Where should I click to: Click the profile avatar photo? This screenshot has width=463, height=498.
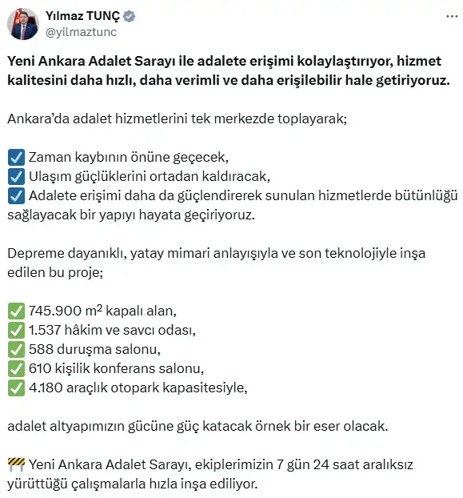point(22,23)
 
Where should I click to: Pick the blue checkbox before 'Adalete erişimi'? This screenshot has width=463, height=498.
point(15,196)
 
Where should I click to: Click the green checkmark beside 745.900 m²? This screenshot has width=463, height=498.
point(15,311)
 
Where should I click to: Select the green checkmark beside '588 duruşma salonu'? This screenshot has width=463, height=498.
point(15,349)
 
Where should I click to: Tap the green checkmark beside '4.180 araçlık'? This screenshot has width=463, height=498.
point(15,388)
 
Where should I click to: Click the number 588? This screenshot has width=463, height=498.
point(41,349)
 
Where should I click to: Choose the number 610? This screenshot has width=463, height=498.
point(40,368)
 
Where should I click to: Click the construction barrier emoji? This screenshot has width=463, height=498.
point(15,464)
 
